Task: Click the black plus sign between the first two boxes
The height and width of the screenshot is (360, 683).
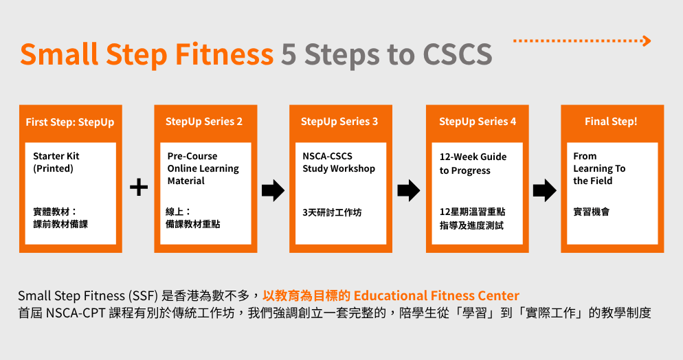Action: pyautogui.click(x=139, y=187)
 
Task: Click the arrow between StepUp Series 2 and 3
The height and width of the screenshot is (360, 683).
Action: pyautogui.click(x=273, y=190)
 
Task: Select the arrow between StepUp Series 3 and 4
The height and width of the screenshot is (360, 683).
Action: pyautogui.click(x=409, y=190)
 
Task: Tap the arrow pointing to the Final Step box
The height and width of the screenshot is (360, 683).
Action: pyautogui.click(x=544, y=190)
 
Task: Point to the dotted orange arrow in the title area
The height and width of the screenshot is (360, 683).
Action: pyautogui.click(x=581, y=41)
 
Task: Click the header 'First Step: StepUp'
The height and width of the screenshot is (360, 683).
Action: pyautogui.click(x=70, y=122)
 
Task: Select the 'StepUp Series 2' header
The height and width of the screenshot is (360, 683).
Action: pyautogui.click(x=204, y=122)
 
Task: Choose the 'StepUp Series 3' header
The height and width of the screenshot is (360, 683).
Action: pyautogui.click(x=339, y=122)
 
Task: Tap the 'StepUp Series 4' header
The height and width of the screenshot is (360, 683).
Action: pyautogui.click(x=478, y=122)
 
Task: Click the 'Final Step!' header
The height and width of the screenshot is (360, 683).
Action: pyautogui.click(x=611, y=122)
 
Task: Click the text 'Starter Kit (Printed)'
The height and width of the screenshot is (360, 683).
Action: pyautogui.click(x=56, y=162)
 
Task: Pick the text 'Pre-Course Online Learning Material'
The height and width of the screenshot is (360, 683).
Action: pyautogui.click(x=203, y=168)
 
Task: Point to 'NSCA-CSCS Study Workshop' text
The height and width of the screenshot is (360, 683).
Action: pyautogui.click(x=339, y=162)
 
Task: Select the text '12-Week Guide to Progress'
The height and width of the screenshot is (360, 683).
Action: pyautogui.click(x=473, y=164)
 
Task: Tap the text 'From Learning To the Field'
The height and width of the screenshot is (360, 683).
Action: pyautogui.click(x=599, y=168)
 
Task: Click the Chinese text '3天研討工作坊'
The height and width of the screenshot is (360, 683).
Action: pyautogui.click(x=332, y=212)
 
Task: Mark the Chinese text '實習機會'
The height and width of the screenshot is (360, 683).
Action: pyautogui.click(x=591, y=212)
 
